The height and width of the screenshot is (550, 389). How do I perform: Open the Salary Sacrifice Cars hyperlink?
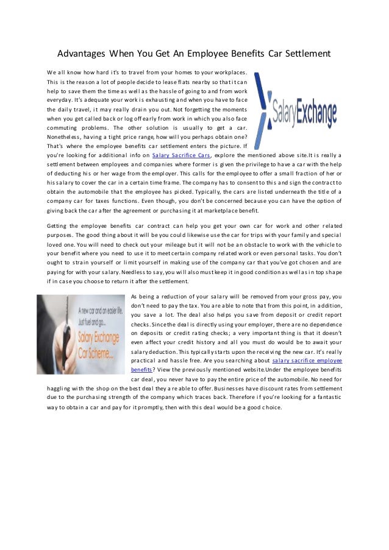tap(180, 156)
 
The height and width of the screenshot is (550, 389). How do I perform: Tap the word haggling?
tap(59, 387)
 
